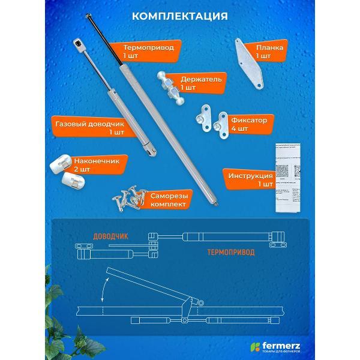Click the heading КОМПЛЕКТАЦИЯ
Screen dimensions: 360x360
pos(180,15)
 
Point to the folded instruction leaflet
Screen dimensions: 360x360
pos(287,180)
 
